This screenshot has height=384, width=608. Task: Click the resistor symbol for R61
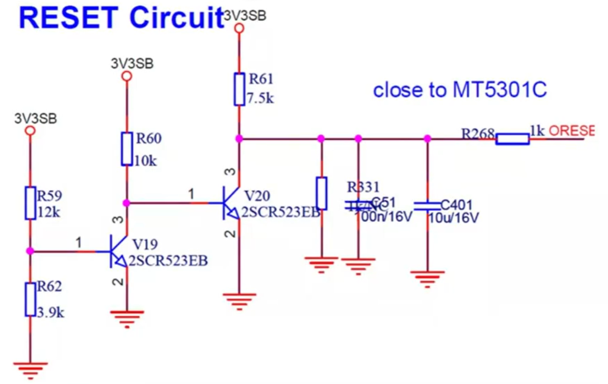tap(240, 89)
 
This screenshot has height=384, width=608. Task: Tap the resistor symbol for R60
tap(126, 148)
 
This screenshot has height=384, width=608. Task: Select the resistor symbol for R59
tap(30, 203)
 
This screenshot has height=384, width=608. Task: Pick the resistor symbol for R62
tap(30, 298)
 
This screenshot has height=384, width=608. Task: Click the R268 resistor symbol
tap(512, 139)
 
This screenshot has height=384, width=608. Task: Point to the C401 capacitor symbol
tap(427, 205)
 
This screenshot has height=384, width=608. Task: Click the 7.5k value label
tap(261, 97)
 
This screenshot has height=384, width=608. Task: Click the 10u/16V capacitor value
tap(454, 218)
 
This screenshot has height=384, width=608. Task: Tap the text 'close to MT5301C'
tap(460, 91)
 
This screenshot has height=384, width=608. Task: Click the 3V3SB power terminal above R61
tap(240, 29)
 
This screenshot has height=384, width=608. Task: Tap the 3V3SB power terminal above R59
tap(30, 131)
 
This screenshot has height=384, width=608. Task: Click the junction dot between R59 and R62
tap(30, 250)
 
